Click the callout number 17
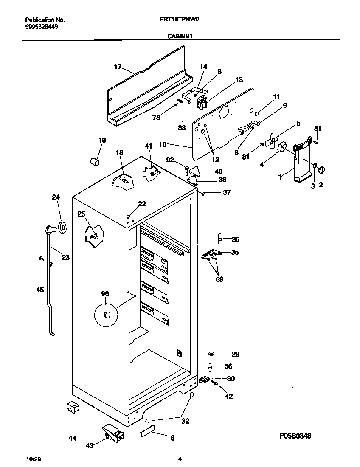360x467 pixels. (118, 67)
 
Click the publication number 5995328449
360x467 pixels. (42, 26)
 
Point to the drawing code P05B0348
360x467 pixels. (295, 436)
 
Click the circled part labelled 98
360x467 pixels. (106, 314)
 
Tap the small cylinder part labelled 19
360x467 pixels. (95, 162)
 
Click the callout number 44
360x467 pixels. (73, 438)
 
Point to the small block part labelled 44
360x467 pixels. (73, 408)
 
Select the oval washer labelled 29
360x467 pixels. (211, 354)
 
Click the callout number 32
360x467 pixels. (185, 422)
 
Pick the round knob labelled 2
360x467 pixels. (321, 170)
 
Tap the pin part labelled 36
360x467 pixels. (220, 238)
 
